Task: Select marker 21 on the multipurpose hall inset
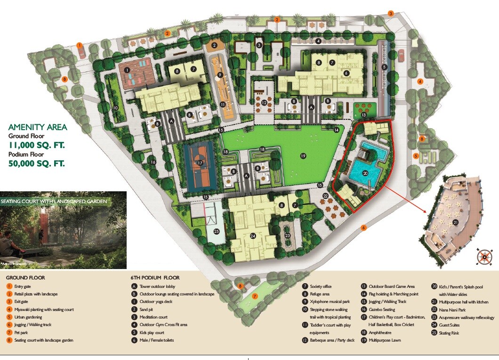pos(455,222)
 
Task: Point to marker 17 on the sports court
pos(200,163)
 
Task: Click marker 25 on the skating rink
pos(217,231)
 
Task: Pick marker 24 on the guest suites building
pos(252,236)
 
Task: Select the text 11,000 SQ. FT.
pos(36,145)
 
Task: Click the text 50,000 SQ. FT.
pos(36,164)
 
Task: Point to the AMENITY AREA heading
pos(38,127)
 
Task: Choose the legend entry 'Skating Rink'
pos(450,333)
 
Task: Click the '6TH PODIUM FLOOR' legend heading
pos(155,278)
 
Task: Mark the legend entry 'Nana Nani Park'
pos(452,309)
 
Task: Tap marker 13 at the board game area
pos(363,115)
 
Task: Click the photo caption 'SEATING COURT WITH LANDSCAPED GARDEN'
pos(57,201)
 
